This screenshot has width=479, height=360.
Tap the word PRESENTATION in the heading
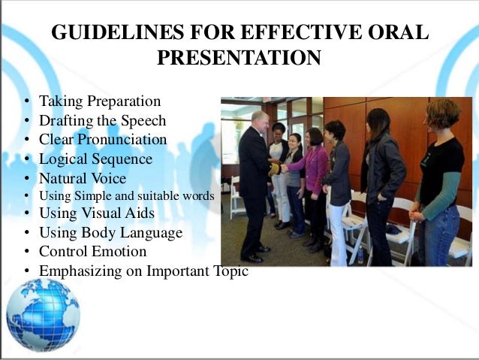coord(239,58)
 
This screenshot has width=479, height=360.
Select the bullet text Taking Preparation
coord(100,101)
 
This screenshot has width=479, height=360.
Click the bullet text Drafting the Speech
coord(102,120)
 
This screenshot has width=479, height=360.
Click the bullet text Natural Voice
coord(83,179)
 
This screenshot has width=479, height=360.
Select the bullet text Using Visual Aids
coord(97,213)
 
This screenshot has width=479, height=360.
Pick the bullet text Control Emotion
coord(92,253)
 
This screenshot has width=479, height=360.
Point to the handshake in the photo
coord(276,168)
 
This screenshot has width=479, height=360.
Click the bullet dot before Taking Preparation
coord(26,101)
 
